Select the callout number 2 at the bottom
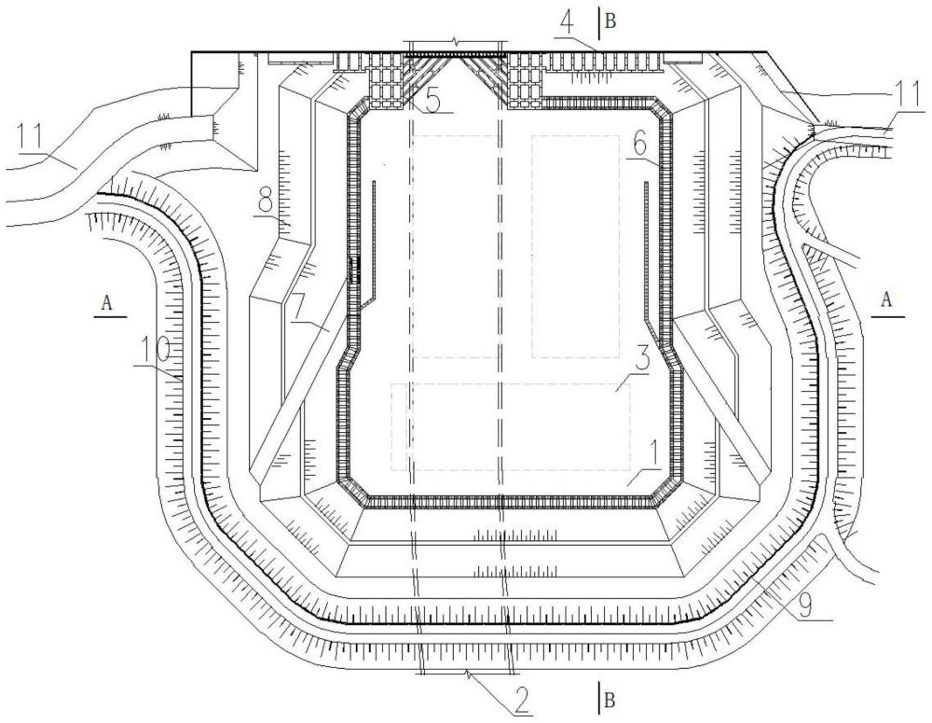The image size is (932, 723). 521,702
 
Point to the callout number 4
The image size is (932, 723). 569,25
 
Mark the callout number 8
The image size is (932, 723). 265,204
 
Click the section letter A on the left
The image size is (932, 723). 107,303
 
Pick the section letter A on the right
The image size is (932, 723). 886,299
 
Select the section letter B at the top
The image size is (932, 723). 610,22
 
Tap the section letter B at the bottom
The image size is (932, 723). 610,701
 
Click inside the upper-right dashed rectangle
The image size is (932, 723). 575,246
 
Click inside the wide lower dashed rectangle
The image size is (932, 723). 511,426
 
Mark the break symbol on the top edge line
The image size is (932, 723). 456,42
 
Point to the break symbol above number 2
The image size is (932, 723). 469,674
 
